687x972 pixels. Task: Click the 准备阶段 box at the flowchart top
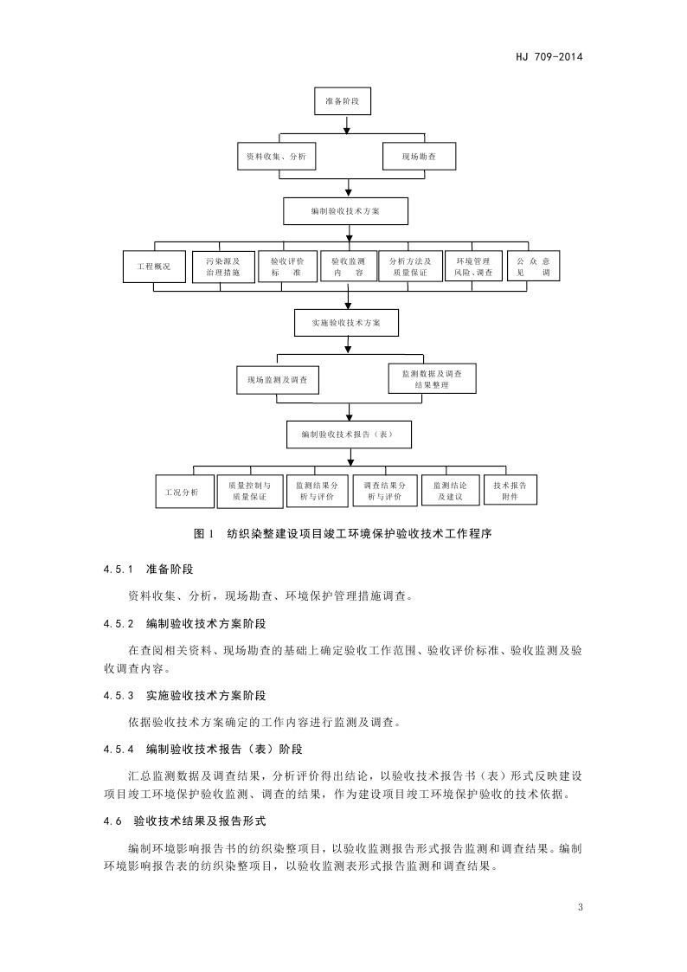347,101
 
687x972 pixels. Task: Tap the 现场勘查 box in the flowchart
417,157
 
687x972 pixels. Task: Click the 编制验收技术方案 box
346,211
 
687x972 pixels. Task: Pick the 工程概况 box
147,267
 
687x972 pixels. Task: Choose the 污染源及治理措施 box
223,267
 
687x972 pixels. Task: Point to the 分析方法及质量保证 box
410,267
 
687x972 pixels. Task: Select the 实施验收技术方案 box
346,322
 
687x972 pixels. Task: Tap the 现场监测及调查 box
277,380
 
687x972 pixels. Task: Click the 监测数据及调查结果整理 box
431,378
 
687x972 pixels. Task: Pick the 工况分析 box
182,491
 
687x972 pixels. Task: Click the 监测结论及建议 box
449,491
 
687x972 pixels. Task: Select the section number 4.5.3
119,695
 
